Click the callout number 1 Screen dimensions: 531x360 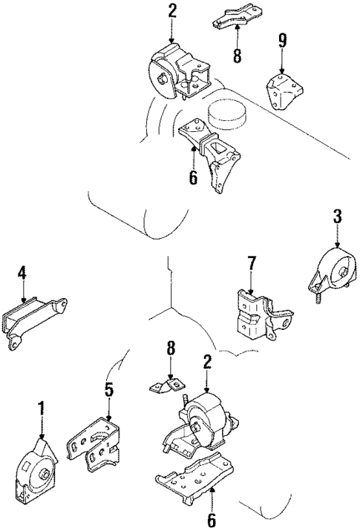click(42, 407)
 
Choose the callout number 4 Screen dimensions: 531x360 click(22, 274)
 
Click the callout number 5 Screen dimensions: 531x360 click(108, 388)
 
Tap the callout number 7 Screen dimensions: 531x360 click(251, 263)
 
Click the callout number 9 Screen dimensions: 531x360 click(281, 39)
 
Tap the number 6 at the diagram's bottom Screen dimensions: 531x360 click(212, 520)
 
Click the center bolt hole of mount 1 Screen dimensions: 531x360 click(45, 475)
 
